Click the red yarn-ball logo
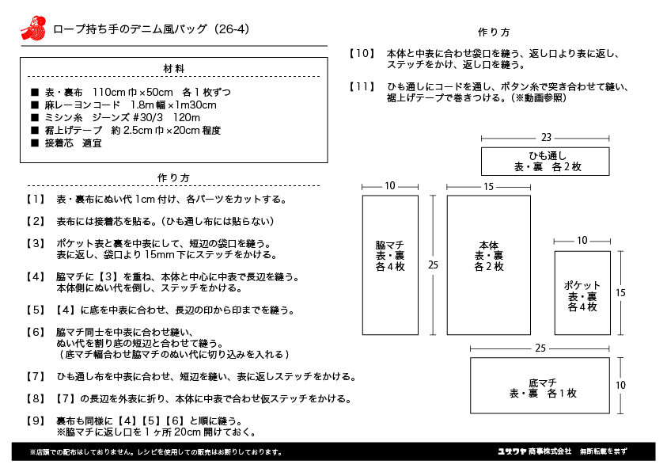coord(33,29)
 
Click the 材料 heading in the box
coord(174,69)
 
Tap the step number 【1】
coord(36,200)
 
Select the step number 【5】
coord(36,310)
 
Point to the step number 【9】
coord(36,421)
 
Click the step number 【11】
coord(362,87)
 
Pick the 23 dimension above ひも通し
coord(546,138)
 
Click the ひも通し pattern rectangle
coord(545,162)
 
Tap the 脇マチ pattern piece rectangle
coord(390,265)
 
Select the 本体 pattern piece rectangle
coord(488,265)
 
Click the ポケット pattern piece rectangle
coord(582,293)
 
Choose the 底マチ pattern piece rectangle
coord(540,385)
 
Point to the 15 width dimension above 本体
coord(488,186)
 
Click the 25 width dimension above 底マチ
coord(540,348)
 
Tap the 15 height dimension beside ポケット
coord(620,293)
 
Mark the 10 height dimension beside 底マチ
coord(620,385)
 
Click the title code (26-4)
coord(232,29)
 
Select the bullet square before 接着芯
coord(35,143)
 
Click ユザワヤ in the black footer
coord(512,451)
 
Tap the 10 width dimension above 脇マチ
coord(390,186)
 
